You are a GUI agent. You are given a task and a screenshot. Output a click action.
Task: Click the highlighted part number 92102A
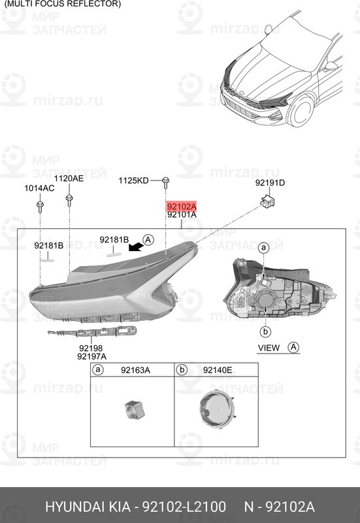[182, 205]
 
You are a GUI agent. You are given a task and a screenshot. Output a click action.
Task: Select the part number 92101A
[182, 214]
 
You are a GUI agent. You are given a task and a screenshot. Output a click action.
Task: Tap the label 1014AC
[39, 188]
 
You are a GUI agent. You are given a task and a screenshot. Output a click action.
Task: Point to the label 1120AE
[69, 178]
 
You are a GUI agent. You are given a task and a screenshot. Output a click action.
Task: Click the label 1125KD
[133, 180]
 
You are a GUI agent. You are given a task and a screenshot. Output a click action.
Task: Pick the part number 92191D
[269, 183]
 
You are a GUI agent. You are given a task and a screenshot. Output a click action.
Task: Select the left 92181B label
[49, 246]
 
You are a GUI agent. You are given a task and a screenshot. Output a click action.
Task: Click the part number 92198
[91, 348]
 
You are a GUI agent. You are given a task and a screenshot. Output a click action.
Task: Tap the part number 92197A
[91, 356]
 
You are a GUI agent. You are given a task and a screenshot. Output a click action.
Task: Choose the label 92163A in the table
[135, 371]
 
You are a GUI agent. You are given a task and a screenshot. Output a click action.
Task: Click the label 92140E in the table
[218, 371]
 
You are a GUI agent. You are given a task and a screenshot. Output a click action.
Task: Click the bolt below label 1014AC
[41, 207]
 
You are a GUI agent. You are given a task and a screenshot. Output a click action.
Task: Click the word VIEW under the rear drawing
[269, 348]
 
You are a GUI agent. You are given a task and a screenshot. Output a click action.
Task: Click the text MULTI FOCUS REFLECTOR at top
[63, 4]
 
